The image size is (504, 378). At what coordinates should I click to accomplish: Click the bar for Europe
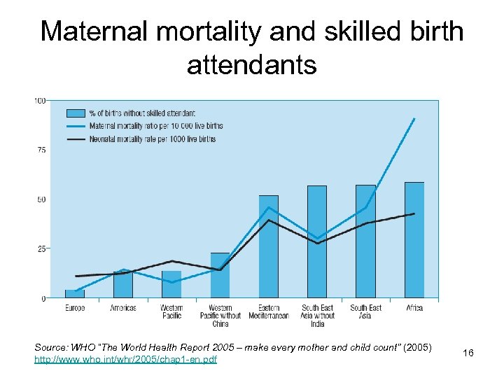click(x=75, y=294)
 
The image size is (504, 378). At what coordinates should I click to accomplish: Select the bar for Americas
click(x=123, y=285)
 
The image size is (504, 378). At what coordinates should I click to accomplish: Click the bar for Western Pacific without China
click(x=220, y=276)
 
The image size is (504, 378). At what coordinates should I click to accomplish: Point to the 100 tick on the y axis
click(x=40, y=101)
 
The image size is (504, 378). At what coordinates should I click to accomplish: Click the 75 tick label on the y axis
click(x=41, y=150)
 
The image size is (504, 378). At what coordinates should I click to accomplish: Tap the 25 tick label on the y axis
click(x=41, y=248)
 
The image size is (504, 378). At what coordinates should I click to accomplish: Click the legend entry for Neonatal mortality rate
click(x=151, y=139)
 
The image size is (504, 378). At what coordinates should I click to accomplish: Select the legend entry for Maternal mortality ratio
click(x=155, y=126)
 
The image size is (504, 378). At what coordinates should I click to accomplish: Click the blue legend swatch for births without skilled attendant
click(x=76, y=113)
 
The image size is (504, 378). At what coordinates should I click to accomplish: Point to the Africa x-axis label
click(x=414, y=308)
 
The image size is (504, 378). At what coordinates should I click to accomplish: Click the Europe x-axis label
click(x=75, y=308)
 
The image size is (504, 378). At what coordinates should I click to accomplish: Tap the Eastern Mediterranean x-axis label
click(x=268, y=311)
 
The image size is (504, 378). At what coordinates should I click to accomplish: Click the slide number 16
click(x=468, y=353)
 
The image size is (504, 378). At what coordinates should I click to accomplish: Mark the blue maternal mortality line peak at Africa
click(x=414, y=119)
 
